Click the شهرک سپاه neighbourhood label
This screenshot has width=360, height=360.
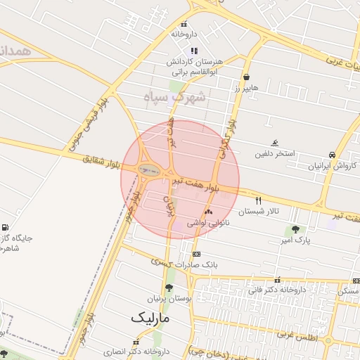click(x=175, y=97)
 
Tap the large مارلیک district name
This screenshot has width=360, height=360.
click(x=150, y=317)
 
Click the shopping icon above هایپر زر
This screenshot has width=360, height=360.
click(x=246, y=77)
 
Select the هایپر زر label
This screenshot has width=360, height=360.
click(x=246, y=88)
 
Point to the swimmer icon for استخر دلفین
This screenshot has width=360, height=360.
click(x=274, y=142)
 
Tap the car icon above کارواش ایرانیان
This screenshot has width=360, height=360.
click(x=331, y=155)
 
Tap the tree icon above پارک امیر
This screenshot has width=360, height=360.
click(x=295, y=229)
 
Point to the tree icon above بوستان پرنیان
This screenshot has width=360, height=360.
click(x=168, y=288)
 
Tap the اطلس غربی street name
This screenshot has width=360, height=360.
click(x=297, y=336)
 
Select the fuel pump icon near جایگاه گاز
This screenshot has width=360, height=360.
click(x=6, y=227)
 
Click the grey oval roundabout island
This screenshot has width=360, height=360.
click(x=148, y=169)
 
